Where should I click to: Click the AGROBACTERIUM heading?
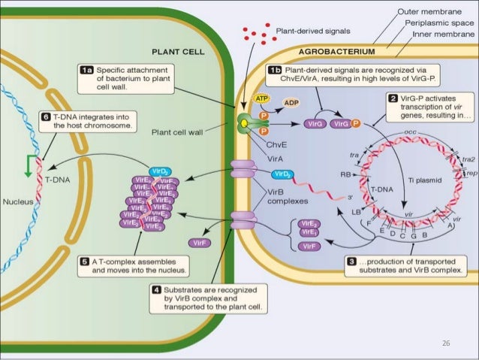coord(336,53)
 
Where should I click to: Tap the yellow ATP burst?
coord(262,98)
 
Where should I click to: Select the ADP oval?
coord(291,102)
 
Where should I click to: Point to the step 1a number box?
coord(88,69)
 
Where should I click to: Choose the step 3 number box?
coord(352,261)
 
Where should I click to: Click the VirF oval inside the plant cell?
coord(200,243)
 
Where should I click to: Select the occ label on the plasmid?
coord(389,132)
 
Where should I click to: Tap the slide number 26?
coord(447,342)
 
